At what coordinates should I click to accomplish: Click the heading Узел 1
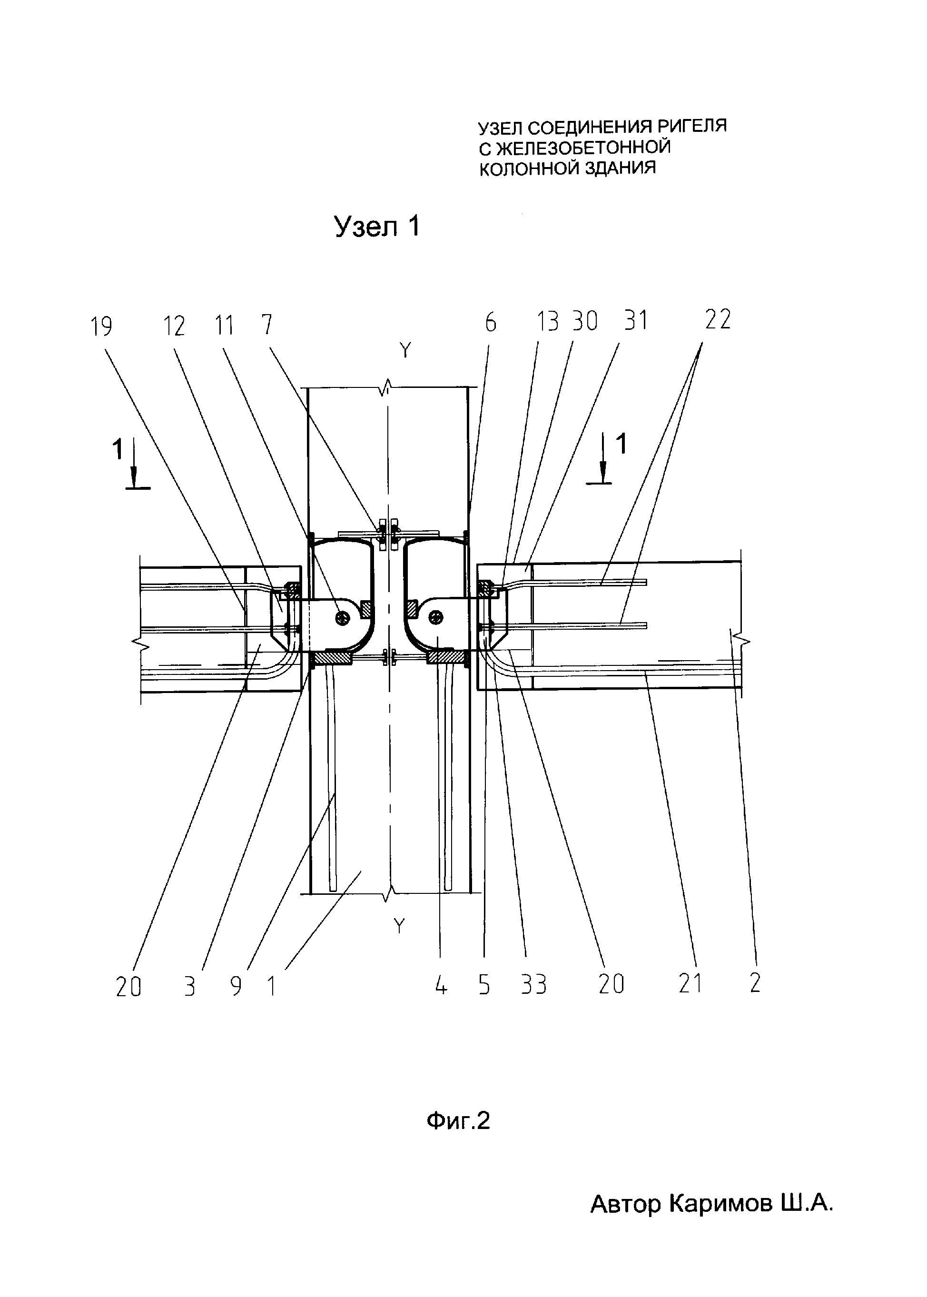click(377, 227)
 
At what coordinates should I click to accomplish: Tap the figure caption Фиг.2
click(458, 1122)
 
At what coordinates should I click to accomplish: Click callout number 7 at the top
click(266, 325)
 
